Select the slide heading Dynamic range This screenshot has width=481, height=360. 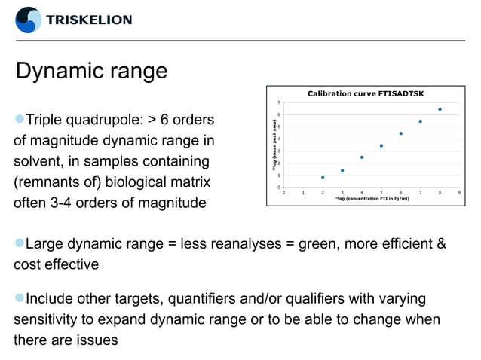pos(91,72)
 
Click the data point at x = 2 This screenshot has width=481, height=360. pos(323,178)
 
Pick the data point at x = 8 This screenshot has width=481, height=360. pos(440,109)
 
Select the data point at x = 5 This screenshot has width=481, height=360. pos(381,145)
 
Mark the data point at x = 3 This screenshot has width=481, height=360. pos(342,170)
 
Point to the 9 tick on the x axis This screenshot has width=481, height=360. pos(459,193)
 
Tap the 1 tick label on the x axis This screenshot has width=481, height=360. pos(303,193)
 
